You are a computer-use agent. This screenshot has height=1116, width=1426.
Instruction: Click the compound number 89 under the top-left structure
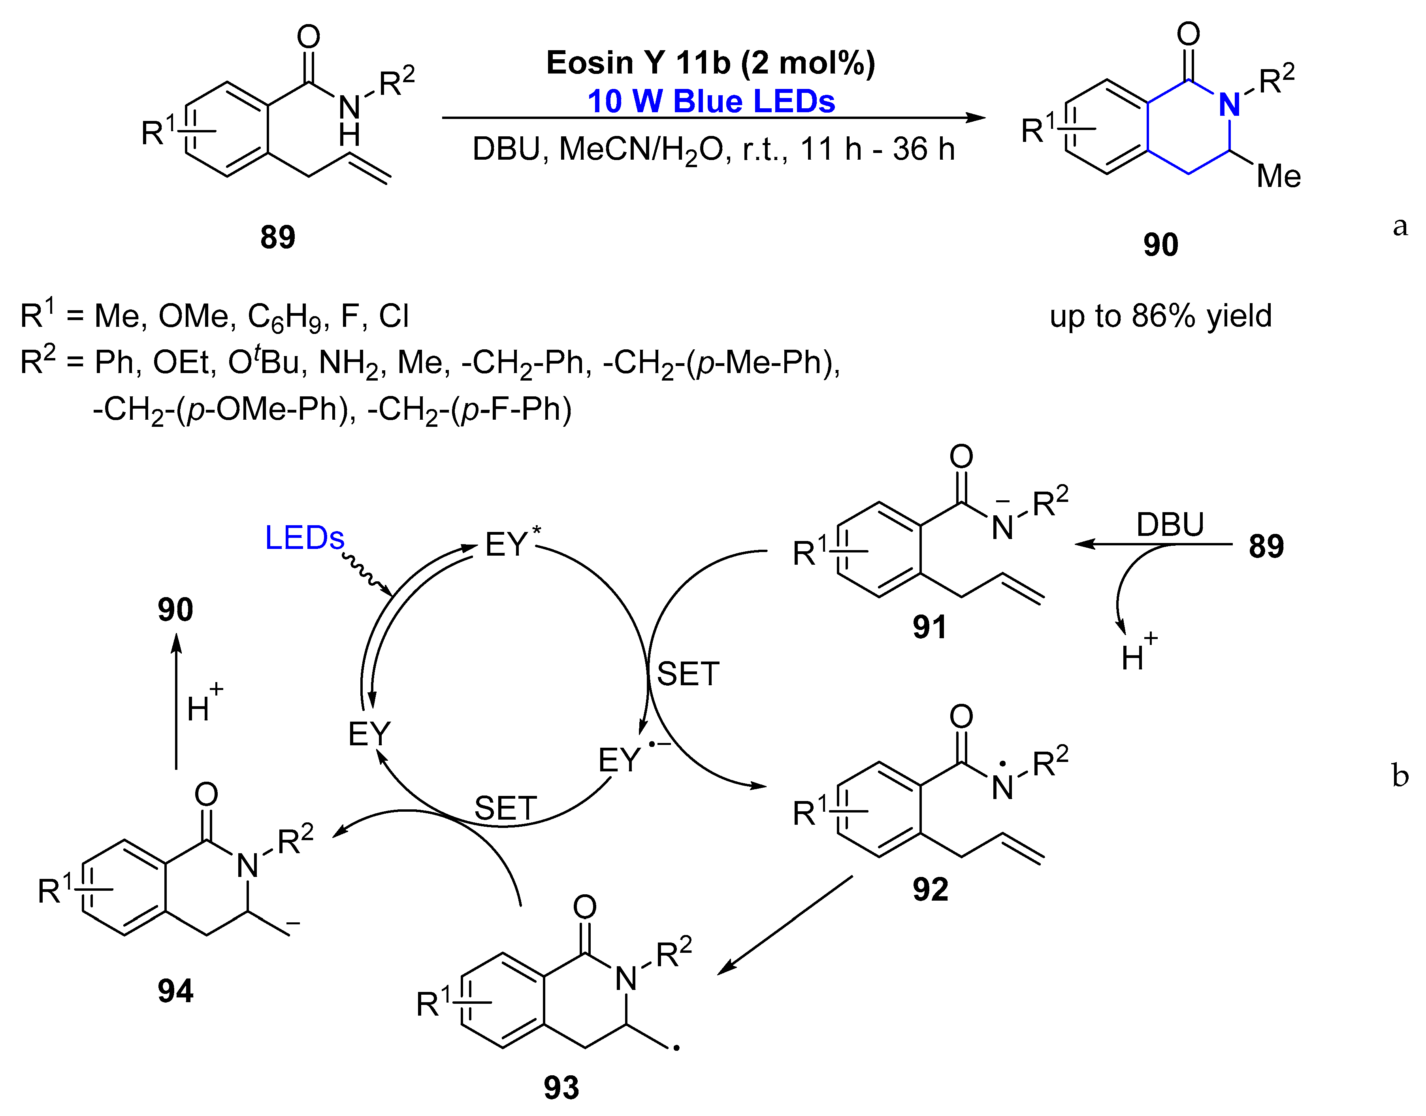[278, 237]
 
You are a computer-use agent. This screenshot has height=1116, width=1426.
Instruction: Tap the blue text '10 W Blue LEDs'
[711, 101]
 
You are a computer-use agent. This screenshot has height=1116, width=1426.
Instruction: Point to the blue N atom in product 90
[1230, 105]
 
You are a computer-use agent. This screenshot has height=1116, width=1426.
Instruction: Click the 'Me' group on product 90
[1278, 176]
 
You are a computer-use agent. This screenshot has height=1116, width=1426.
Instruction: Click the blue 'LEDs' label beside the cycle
[304, 538]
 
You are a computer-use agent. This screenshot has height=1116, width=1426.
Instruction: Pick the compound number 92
[930, 889]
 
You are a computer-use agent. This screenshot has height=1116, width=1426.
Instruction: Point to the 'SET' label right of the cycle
[688, 674]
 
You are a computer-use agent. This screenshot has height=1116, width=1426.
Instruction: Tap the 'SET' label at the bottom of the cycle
[506, 809]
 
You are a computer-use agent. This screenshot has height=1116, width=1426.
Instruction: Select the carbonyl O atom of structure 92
[961, 717]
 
